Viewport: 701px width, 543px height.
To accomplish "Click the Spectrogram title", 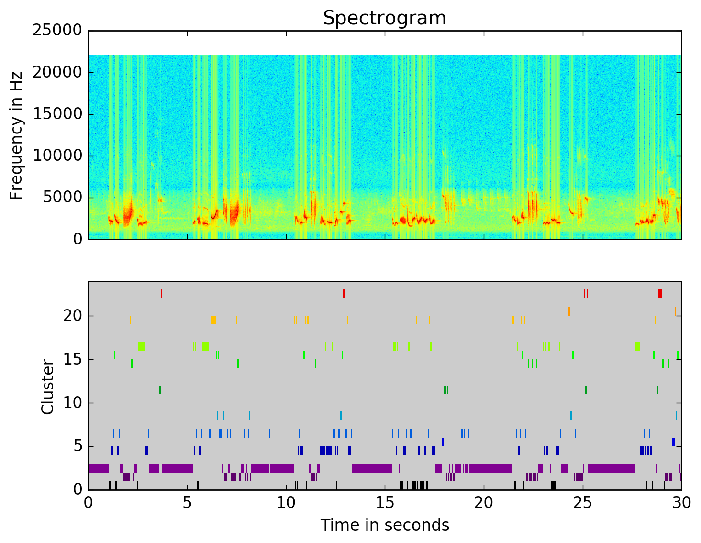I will (384, 18).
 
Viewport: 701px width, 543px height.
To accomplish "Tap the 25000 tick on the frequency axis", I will (58, 31).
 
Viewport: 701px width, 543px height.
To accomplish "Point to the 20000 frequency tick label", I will (58, 72).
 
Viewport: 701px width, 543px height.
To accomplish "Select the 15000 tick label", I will (58, 114).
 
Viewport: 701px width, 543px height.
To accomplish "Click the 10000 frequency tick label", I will (58, 155).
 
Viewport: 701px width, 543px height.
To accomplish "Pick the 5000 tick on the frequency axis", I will (62, 197).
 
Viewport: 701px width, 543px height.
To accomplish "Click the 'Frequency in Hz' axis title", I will (16, 135).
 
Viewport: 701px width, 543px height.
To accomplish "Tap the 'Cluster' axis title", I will (47, 387).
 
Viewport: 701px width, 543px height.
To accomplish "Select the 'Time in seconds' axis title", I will (384, 525).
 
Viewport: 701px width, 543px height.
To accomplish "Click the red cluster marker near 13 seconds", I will (344, 294).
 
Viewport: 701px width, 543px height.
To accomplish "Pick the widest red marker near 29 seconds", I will (660, 294).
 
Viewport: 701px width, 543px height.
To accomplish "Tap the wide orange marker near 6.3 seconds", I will (213, 320).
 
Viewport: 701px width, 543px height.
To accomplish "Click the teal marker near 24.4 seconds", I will (571, 416).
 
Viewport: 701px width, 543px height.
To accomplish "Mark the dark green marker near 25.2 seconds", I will (586, 390).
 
